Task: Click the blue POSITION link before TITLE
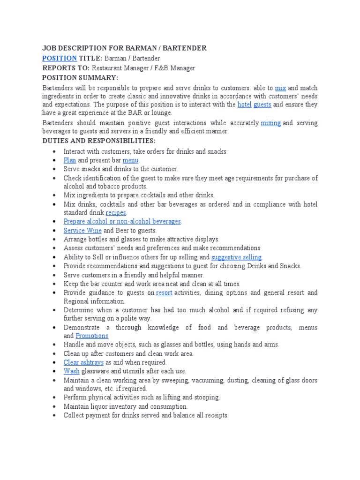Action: coord(60,58)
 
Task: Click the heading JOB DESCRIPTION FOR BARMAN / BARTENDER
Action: coord(124,48)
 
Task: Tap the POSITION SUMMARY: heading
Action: coord(80,77)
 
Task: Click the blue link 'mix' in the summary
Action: coord(280,88)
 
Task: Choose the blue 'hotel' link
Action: coord(245,105)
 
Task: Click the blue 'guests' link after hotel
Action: coord(262,105)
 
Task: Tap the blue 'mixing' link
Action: coord(270,123)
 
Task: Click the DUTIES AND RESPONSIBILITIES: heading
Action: coord(98,141)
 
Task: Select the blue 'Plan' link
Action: coord(70,160)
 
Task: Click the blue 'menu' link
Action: coord(130,160)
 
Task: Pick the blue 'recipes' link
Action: coord(116,212)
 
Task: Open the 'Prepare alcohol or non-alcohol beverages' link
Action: coord(122,221)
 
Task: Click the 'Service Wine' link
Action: coord(82,231)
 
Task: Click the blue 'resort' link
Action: coord(164,292)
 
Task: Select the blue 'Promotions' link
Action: coord(92,336)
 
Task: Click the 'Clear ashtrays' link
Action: coord(83,362)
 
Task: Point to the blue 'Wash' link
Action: coord(72,371)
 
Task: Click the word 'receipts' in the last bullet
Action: coord(215,415)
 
